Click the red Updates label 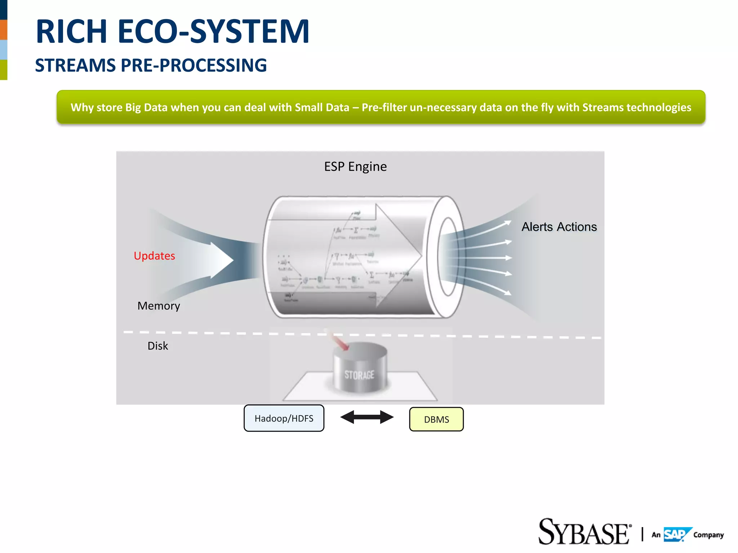coord(154,256)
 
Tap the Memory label coord(159,306)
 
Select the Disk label coord(157,346)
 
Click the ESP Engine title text coord(355,167)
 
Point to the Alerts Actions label coord(559,227)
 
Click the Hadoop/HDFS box coord(284,418)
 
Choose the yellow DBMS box coord(436,419)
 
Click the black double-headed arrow coord(367,417)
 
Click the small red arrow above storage coord(340,341)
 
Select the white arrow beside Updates coord(220,260)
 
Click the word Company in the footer coord(708,535)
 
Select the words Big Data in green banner coord(146,107)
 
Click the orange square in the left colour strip coord(4,30)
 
